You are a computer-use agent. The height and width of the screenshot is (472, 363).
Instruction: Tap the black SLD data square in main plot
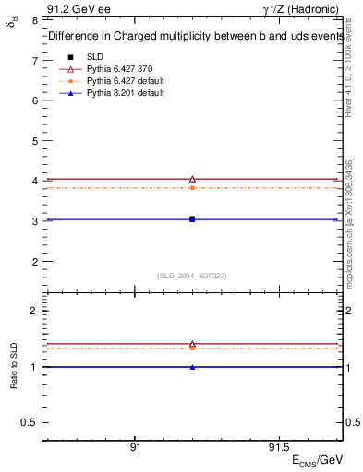[x=192, y=219]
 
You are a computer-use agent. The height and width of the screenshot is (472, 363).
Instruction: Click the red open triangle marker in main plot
[x=192, y=179]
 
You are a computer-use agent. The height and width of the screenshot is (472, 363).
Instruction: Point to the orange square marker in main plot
[x=192, y=187]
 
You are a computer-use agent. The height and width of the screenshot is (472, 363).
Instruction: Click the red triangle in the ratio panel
[x=192, y=343]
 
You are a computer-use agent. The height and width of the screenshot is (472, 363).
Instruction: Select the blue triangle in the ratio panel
[x=192, y=367]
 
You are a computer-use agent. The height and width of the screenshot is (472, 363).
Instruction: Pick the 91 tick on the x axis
[x=135, y=447]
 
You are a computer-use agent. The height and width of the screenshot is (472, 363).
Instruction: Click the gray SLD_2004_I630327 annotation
[x=192, y=275]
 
